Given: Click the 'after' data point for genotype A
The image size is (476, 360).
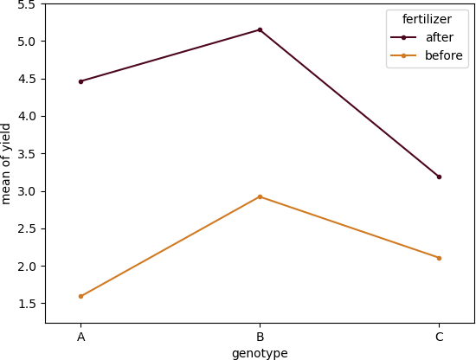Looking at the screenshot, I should click(x=80, y=81).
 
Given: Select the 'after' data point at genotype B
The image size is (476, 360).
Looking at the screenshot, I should click(x=260, y=30).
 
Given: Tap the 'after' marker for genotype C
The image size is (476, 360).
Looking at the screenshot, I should click(x=439, y=177).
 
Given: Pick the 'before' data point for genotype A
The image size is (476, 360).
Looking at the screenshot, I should click(x=80, y=296).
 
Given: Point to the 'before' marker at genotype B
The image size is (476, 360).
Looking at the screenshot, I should click(x=260, y=196).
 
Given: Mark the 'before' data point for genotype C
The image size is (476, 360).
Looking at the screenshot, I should click(x=439, y=258).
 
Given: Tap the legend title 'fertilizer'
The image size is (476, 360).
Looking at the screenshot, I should click(x=427, y=19).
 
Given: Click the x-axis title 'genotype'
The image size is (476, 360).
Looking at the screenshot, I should click(x=260, y=353).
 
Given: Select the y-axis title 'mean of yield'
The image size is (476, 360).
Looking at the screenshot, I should click(x=7, y=164).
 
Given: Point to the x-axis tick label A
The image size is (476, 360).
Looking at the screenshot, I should click(x=80, y=337).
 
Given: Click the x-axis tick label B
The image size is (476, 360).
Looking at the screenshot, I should click(x=260, y=337).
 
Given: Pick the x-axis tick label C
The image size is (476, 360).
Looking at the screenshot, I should click(x=439, y=337).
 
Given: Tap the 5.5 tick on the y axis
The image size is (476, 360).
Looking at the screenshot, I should click(x=27, y=4).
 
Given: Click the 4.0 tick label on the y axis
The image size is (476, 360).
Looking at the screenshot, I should click(x=27, y=116).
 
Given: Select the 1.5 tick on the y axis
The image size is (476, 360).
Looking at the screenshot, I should click(x=27, y=304).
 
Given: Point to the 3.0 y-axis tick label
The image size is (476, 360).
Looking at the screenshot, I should click(x=27, y=191).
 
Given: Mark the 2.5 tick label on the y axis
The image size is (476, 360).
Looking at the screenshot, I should click(x=27, y=228).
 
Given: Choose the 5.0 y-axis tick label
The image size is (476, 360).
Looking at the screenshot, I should click(x=27, y=42).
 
